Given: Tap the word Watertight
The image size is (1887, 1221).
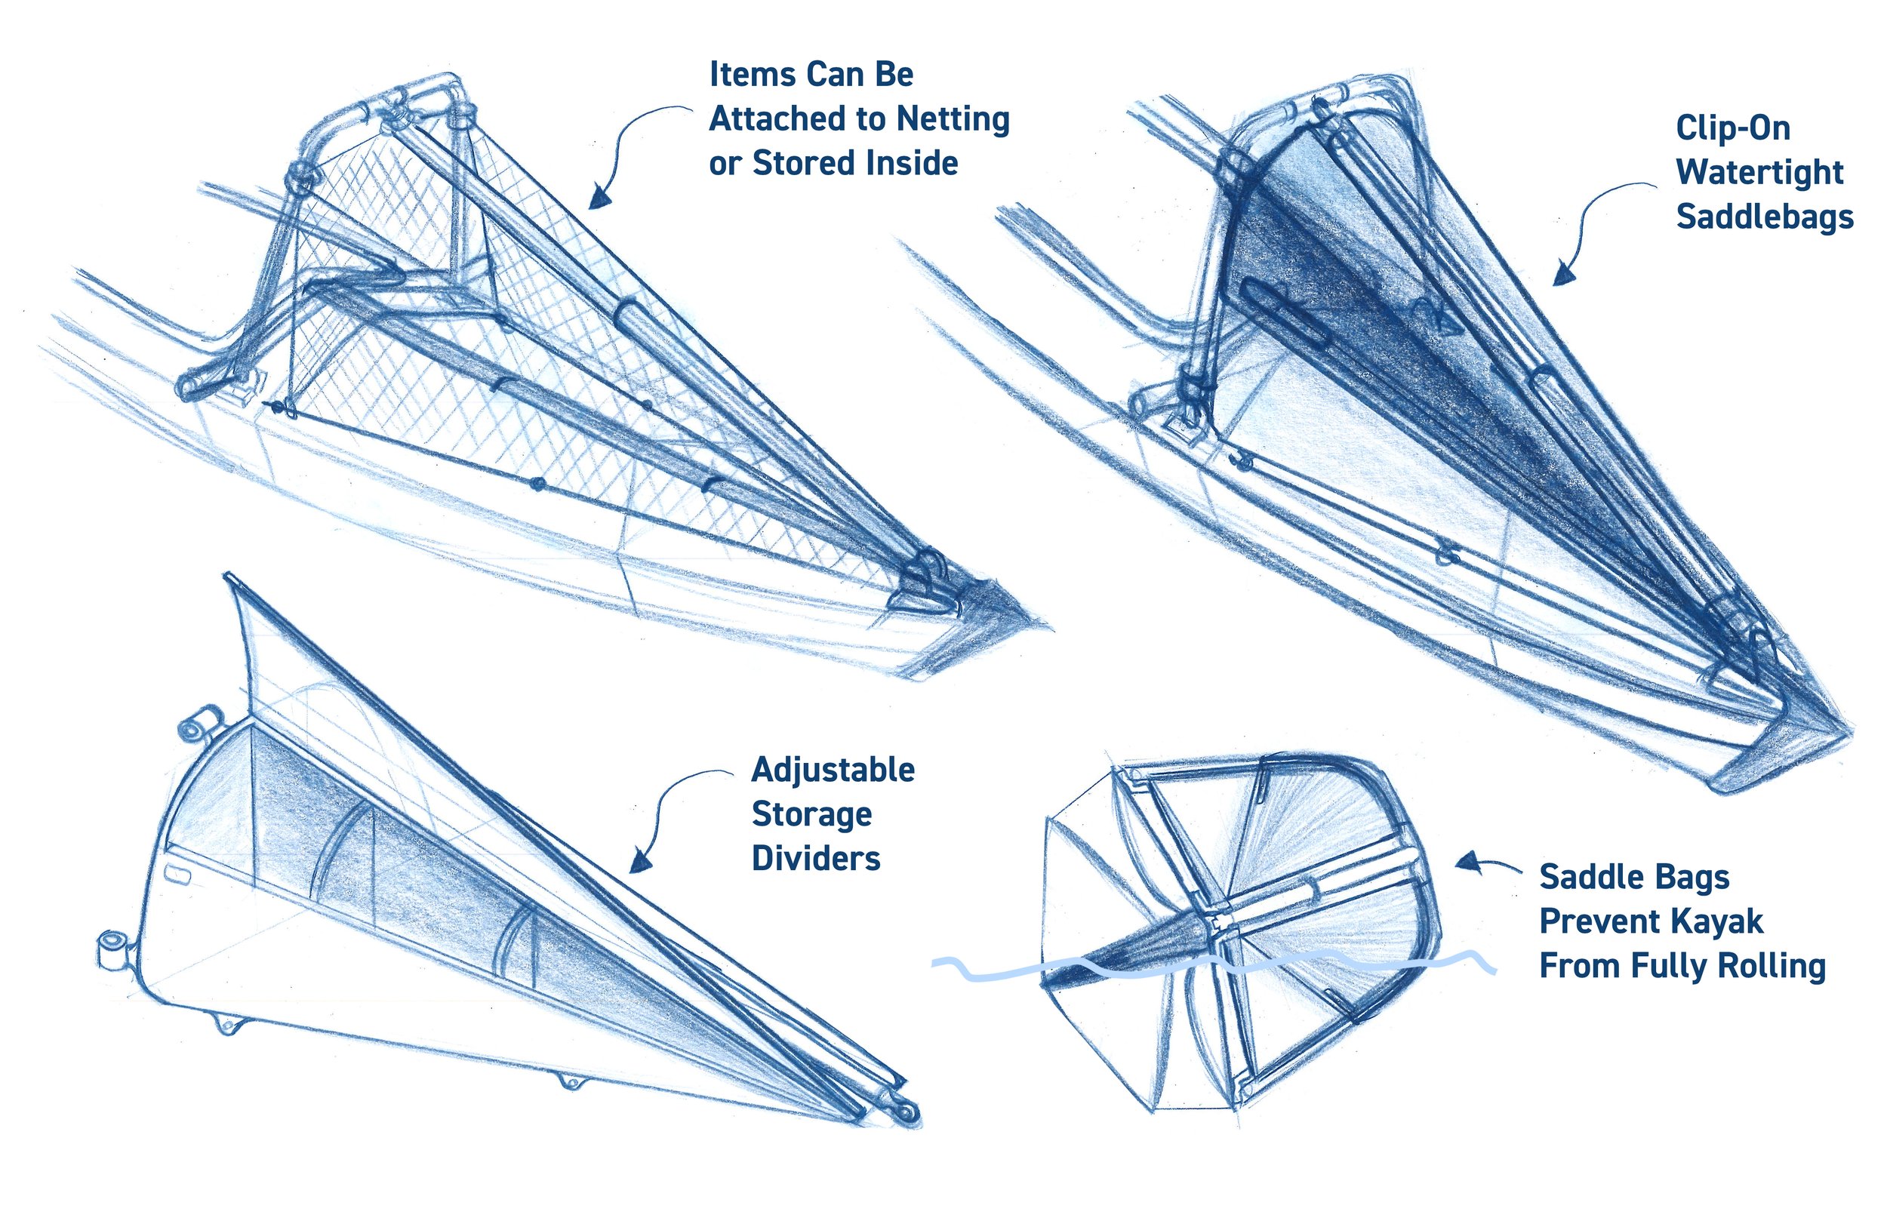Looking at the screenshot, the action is pos(1759,172).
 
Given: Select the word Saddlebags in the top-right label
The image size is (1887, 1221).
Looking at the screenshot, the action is pos(1765,217).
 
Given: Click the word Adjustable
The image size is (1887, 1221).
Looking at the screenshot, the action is pos(833,770).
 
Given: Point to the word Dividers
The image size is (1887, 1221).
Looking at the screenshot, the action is pos(815,859).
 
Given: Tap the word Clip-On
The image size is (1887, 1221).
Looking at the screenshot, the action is pos(1733,128).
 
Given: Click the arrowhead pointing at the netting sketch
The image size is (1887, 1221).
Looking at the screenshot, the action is pos(600,198).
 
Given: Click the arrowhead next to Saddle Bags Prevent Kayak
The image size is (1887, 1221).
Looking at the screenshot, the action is pos(1468,862).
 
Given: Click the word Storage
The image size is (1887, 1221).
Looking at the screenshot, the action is pos(811,814).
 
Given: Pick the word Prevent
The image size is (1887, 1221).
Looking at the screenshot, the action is pos(1601,921).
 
